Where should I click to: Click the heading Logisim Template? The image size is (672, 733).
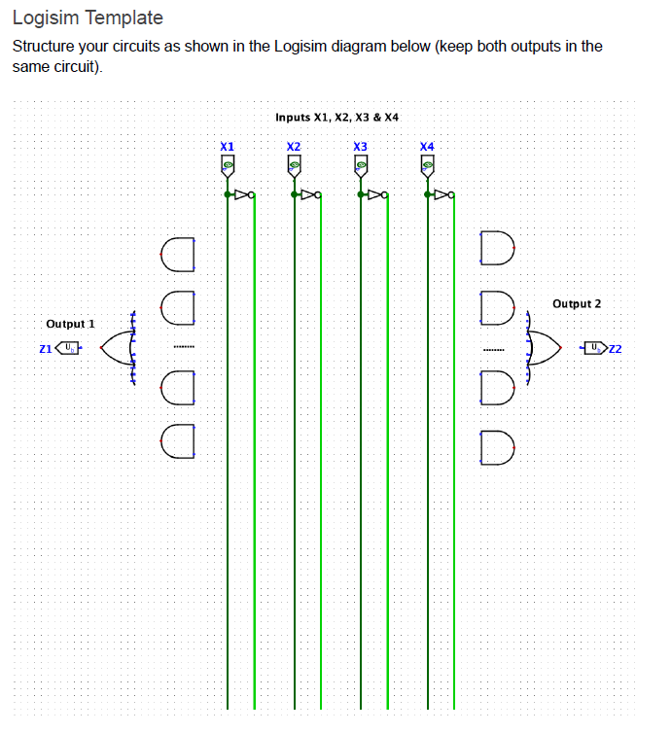[88, 17]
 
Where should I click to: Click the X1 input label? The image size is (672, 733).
[228, 146]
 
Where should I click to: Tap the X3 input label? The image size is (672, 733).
[360, 146]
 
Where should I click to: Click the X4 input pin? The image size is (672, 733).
[427, 167]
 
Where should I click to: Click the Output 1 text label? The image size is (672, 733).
[70, 324]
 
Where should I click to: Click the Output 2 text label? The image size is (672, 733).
[577, 304]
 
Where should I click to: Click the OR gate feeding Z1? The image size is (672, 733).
[115, 347]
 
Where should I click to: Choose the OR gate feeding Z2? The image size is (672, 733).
[545, 347]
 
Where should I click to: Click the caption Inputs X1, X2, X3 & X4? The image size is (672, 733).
[336, 117]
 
